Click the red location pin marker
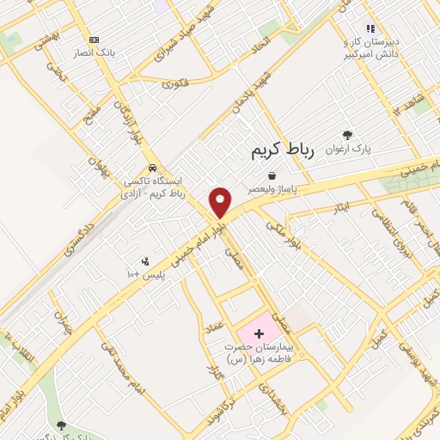click(x=221, y=201)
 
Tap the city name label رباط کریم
click(x=283, y=151)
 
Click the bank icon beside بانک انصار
click(x=94, y=40)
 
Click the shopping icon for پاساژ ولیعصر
click(x=272, y=174)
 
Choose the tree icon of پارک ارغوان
click(x=347, y=135)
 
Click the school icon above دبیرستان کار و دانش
click(x=370, y=29)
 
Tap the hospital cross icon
click(x=259, y=332)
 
